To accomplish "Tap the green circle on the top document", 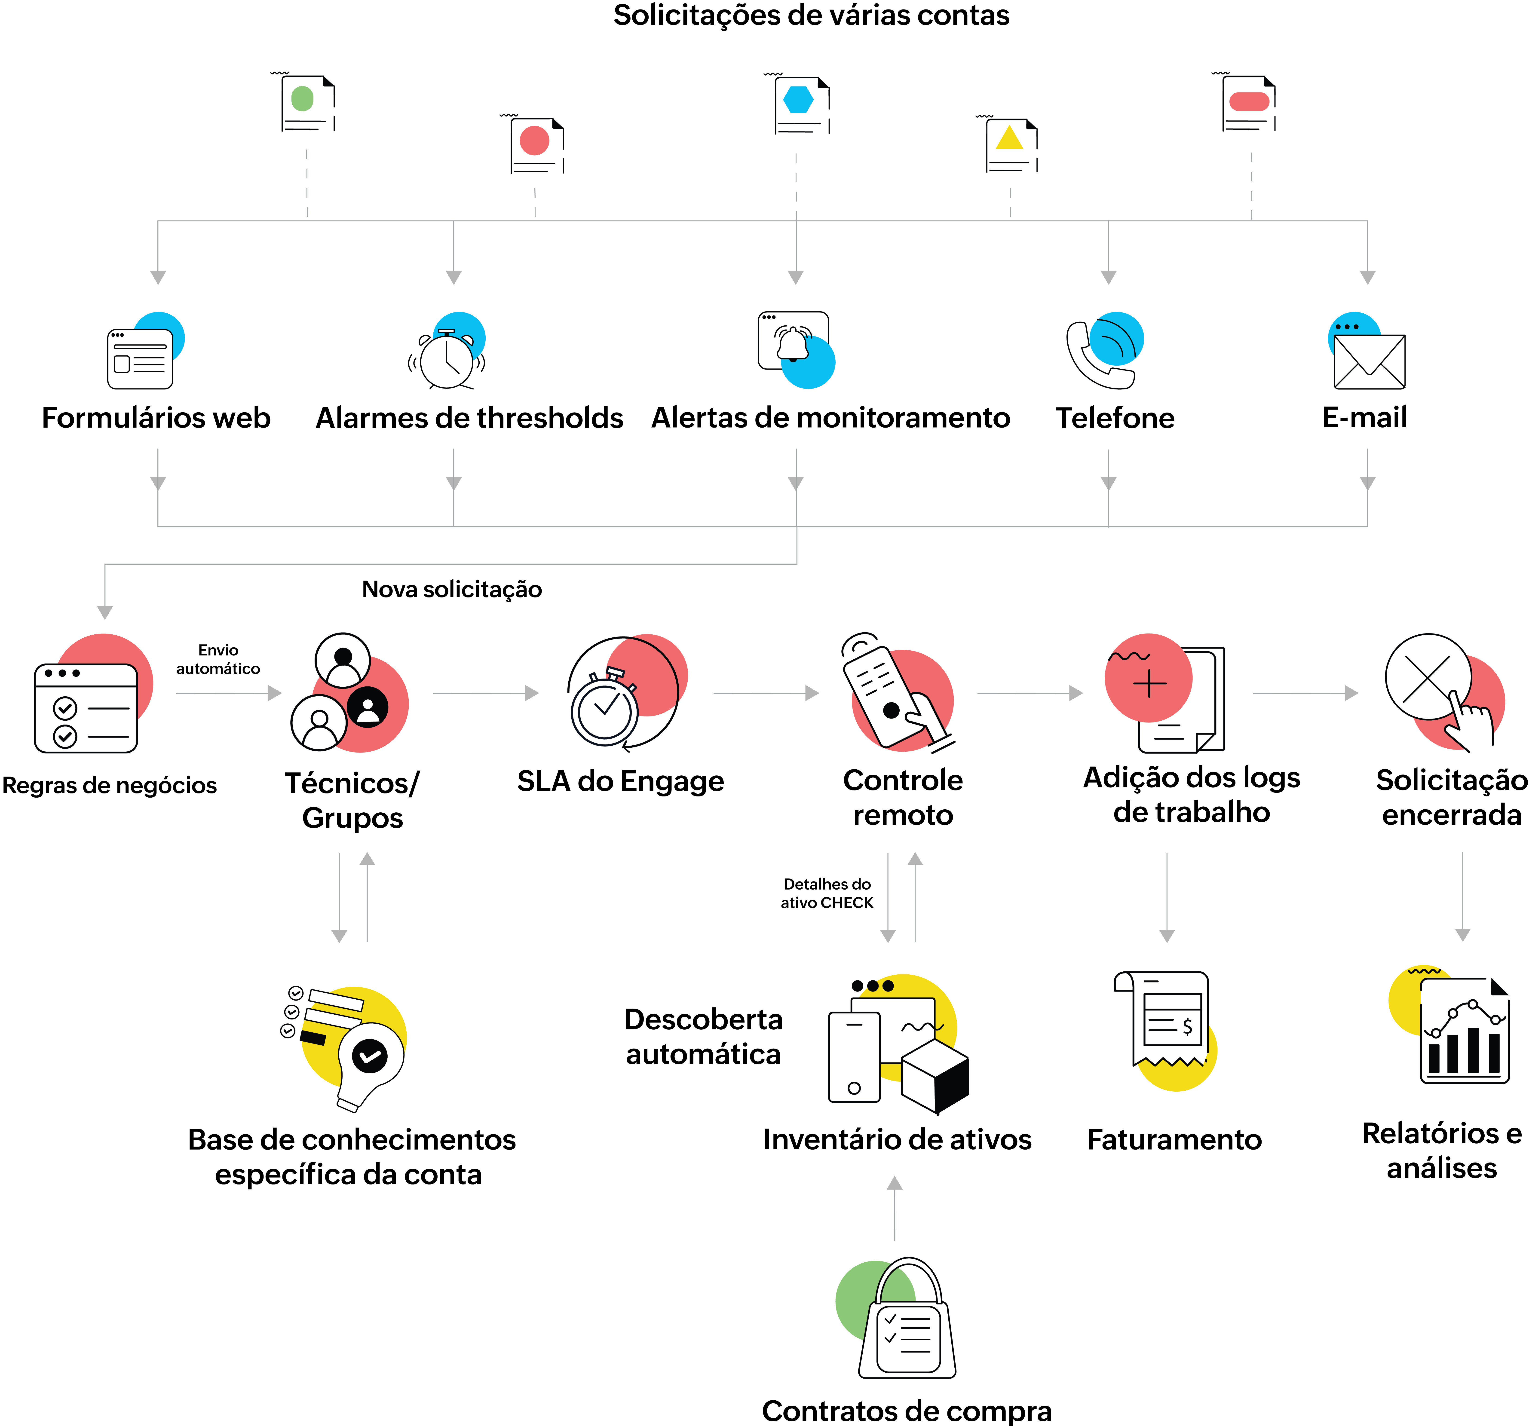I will point(302,98).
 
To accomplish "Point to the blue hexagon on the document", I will point(798,99).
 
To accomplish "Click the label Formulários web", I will point(156,418).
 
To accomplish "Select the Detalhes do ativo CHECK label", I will point(827,893).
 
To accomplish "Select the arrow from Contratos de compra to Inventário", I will point(895,1208).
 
